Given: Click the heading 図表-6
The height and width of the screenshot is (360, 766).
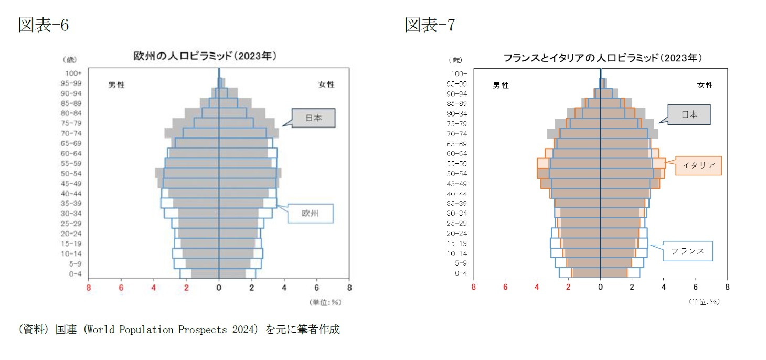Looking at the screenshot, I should (44, 25).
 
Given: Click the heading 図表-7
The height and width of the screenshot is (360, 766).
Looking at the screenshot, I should (430, 25).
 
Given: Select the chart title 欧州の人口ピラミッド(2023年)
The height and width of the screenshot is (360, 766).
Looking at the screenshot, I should (205, 56).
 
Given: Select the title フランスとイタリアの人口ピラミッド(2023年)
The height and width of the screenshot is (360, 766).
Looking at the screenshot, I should (602, 58).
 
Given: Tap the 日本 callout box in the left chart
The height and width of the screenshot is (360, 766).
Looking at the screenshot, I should (313, 118).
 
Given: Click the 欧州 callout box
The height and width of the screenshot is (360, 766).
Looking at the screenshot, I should (310, 214).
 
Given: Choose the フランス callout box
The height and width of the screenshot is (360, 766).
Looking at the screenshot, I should (687, 251).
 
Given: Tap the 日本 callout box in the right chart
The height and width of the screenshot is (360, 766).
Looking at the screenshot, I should (689, 114).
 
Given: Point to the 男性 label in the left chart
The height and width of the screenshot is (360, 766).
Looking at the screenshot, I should (116, 85).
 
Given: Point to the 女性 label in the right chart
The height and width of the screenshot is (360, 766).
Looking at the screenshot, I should (705, 85).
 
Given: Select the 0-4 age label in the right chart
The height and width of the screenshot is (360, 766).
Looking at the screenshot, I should (461, 273).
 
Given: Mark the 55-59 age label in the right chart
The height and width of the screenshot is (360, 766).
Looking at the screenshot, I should (457, 164).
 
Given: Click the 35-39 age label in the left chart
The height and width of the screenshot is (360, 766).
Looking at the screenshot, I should (72, 204).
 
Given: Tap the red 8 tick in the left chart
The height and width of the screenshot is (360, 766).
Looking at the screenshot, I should (88, 288).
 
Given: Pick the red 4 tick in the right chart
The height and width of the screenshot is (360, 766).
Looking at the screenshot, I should (537, 288).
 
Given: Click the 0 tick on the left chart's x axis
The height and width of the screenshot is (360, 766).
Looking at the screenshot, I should (219, 288).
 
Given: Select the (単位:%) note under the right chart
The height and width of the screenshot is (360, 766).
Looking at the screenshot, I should (704, 302).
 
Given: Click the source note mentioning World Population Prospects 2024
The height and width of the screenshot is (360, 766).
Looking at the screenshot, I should (179, 330).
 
